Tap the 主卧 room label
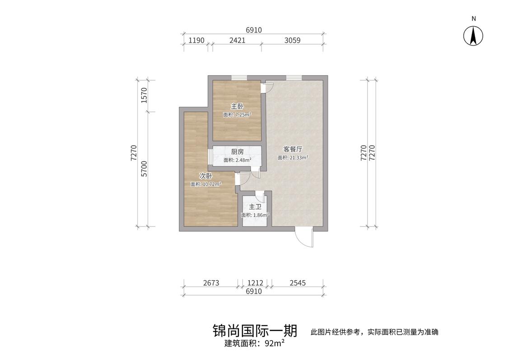(237, 106)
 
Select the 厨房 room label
(237, 152)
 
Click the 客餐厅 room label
(293, 149)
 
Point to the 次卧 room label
(206, 176)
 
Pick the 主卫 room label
(255, 207)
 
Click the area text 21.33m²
(293, 157)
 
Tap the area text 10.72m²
(206, 184)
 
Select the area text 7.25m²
(237, 115)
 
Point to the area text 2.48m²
(237, 160)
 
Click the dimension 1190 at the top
(196, 40)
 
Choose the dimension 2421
(238, 40)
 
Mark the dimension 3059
(292, 40)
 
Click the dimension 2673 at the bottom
(211, 283)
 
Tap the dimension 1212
(255, 283)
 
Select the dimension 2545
(298, 283)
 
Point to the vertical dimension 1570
(144, 96)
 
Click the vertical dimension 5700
(144, 168)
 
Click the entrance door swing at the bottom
(303, 238)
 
